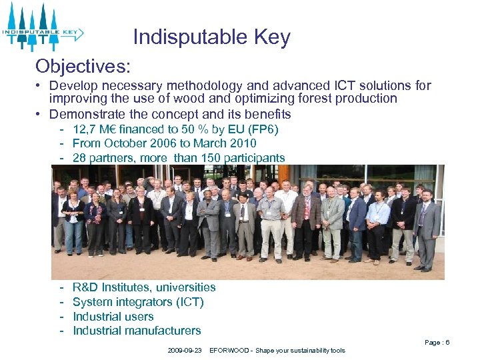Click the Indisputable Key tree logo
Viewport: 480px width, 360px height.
tap(41, 27)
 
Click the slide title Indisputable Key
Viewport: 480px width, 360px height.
tap(211, 37)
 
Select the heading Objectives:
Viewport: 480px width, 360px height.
tap(83, 66)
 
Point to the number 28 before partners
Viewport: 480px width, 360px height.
tap(80, 158)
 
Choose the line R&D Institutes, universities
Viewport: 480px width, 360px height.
tap(144, 287)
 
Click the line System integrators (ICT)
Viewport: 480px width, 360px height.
tap(138, 302)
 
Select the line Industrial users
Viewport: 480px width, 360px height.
tap(113, 317)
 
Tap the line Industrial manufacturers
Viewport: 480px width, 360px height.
tap(137, 331)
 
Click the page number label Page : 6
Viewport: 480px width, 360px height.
tap(437, 343)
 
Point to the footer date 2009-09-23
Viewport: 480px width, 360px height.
tap(185, 351)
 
